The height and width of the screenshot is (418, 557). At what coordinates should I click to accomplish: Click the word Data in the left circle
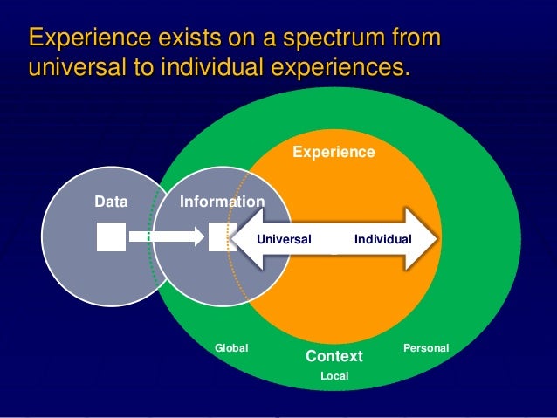pyautogui.click(x=111, y=202)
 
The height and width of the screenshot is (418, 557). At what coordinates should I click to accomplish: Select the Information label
pyautogui.click(x=222, y=202)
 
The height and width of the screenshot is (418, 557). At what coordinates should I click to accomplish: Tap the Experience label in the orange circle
pyautogui.click(x=334, y=153)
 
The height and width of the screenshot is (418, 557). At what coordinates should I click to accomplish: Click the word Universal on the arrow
pyautogui.click(x=285, y=237)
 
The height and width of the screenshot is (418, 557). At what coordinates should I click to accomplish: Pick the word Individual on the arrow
pyautogui.click(x=382, y=237)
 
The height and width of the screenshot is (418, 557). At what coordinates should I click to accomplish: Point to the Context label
pyautogui.click(x=334, y=357)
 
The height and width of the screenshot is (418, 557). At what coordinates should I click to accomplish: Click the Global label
pyautogui.click(x=231, y=348)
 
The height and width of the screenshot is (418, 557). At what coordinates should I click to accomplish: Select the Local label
pyautogui.click(x=334, y=376)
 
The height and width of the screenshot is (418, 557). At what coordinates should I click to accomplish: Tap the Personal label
pyautogui.click(x=426, y=348)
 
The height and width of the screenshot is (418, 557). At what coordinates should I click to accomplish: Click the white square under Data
pyautogui.click(x=111, y=236)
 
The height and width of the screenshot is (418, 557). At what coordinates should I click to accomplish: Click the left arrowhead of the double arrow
pyautogui.click(x=244, y=237)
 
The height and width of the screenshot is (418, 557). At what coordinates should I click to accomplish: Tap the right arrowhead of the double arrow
pyautogui.click(x=423, y=237)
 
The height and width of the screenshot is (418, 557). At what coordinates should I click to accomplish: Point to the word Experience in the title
pyautogui.click(x=82, y=38)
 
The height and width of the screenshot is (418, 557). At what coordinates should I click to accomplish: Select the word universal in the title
pyautogui.click(x=74, y=67)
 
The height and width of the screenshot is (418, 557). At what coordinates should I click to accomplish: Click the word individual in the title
pyautogui.click(x=205, y=67)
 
